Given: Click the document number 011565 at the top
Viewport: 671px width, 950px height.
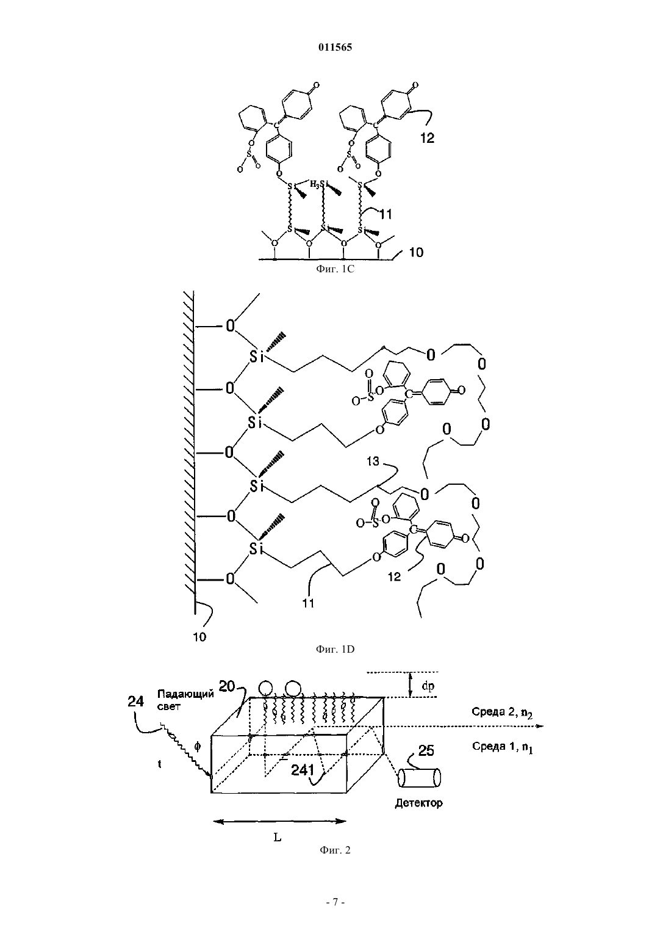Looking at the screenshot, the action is coord(335,47).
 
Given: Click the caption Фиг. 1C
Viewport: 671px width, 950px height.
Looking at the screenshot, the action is coord(335,269).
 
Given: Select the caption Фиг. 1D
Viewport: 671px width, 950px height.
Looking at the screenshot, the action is coord(335,649).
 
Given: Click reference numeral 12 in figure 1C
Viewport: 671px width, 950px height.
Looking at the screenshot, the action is coord(428,138).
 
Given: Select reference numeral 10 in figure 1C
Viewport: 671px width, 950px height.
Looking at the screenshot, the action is coord(417,252).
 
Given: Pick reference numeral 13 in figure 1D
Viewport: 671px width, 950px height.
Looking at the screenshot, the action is coord(373,461).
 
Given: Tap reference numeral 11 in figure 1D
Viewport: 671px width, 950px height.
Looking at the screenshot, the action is coord(308,603).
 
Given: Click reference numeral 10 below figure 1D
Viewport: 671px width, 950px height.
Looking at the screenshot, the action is coord(199,637).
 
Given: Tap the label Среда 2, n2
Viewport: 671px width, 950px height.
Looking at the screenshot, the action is coord(502,712).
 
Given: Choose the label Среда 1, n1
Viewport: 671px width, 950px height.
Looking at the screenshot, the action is coord(503,747).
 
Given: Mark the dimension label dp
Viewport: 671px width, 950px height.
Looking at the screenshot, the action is coord(428,686).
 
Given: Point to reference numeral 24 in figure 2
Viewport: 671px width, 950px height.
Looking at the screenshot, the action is coord(135,702).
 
